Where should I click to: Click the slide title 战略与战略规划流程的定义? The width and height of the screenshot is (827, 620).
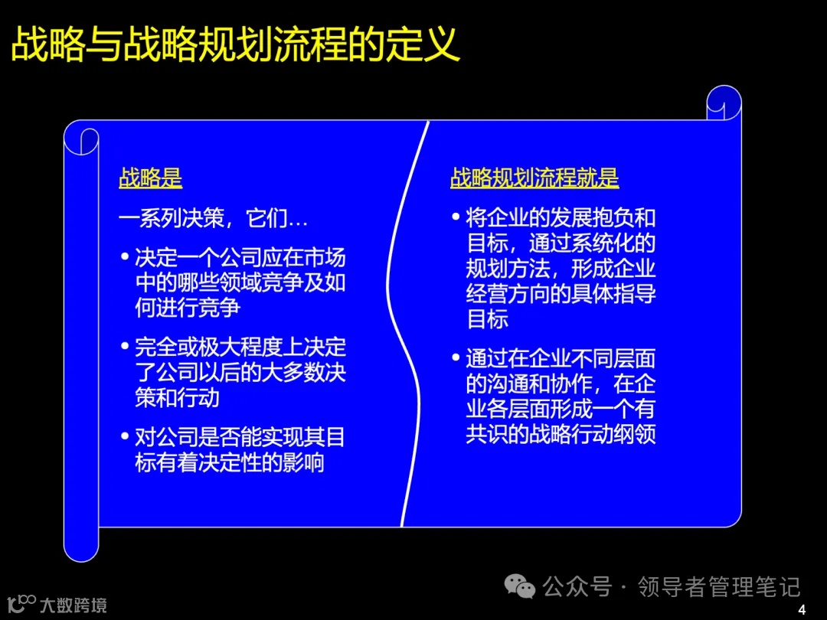(x=236, y=44)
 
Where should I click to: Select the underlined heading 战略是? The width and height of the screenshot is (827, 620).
(x=150, y=178)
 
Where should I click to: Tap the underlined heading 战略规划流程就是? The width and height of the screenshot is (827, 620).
(x=534, y=178)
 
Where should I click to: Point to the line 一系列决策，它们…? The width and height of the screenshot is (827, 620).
(x=213, y=218)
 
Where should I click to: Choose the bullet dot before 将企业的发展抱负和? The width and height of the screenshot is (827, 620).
(x=456, y=217)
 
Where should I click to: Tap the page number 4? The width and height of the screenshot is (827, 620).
(x=802, y=609)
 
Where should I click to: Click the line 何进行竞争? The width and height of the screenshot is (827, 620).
(x=188, y=308)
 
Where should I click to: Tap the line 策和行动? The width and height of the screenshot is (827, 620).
(x=177, y=398)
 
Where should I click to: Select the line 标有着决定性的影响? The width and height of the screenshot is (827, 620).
(x=230, y=463)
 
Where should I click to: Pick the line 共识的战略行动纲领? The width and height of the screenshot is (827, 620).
(x=561, y=433)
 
